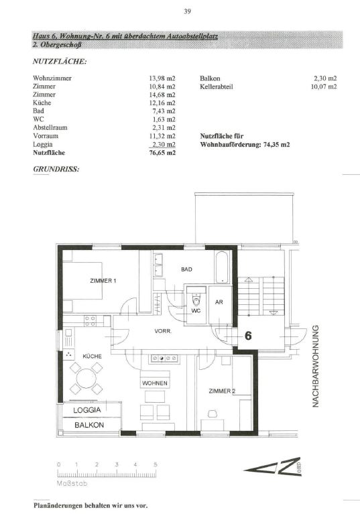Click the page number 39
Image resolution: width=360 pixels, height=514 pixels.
point(187,11)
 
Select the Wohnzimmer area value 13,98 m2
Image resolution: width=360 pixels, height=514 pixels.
point(162,78)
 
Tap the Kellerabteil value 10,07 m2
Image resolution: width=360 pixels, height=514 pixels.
point(324,86)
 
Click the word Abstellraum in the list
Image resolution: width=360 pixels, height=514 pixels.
point(50,127)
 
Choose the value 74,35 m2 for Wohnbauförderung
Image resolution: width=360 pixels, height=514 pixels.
point(276,144)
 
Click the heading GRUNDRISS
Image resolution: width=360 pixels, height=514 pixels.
point(56,169)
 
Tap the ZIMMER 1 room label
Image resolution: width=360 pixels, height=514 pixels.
point(103,281)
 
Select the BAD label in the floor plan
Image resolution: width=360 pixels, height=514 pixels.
point(186,269)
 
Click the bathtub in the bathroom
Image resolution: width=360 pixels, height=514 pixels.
point(223,267)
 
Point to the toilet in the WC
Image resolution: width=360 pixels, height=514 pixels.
point(196,299)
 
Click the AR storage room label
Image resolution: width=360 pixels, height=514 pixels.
point(219,302)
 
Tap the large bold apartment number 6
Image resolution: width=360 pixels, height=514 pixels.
point(248,336)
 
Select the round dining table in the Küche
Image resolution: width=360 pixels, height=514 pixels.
point(86,379)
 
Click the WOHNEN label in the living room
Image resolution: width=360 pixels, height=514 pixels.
point(155,383)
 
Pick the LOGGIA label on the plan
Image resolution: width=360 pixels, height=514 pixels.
point(87,410)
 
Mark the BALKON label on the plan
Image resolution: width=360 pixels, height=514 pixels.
point(89,425)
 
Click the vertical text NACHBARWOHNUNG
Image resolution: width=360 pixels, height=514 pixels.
point(315,366)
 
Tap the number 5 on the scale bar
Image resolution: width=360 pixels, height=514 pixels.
point(156,464)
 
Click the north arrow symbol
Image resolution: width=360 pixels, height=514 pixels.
point(272,466)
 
